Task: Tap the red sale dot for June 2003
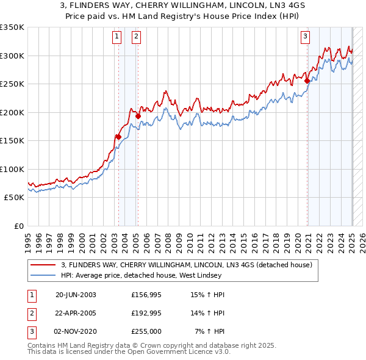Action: click(118, 137)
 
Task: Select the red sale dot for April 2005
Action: click(138, 116)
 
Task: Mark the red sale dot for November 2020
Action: click(307, 81)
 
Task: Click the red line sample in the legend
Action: click(43, 265)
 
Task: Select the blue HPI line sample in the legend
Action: click(43, 275)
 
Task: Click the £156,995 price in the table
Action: click(145, 295)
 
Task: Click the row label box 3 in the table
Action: click(30, 331)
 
